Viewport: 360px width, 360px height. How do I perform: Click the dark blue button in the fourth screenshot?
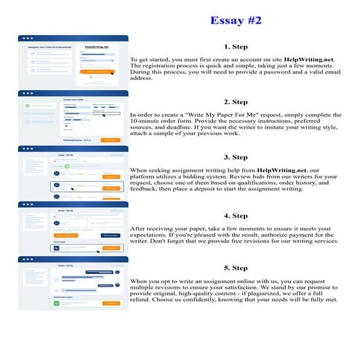pyautogui.click(x=111, y=235)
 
